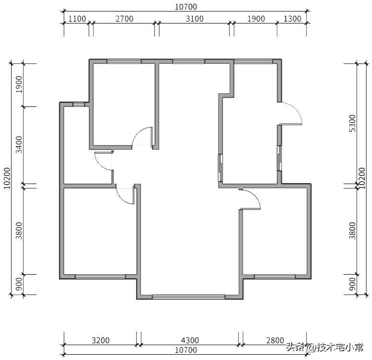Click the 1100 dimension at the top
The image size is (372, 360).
(77, 19)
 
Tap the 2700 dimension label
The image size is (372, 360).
(124, 19)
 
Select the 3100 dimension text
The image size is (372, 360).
(195, 19)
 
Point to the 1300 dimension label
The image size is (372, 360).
(292, 19)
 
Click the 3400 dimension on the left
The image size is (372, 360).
(19, 145)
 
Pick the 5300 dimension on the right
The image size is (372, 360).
(353, 123)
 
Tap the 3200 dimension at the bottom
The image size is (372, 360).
(101, 340)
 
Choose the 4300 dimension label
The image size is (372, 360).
(190, 340)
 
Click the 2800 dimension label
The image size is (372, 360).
(275, 340)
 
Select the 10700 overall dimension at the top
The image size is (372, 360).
(186, 7)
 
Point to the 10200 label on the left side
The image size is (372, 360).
(7, 178)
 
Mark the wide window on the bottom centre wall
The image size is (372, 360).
(188, 297)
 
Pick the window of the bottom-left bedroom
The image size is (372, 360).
(100, 277)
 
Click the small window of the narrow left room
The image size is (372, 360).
(79, 105)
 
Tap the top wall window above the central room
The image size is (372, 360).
(188, 61)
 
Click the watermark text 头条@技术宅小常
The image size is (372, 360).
(325, 348)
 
